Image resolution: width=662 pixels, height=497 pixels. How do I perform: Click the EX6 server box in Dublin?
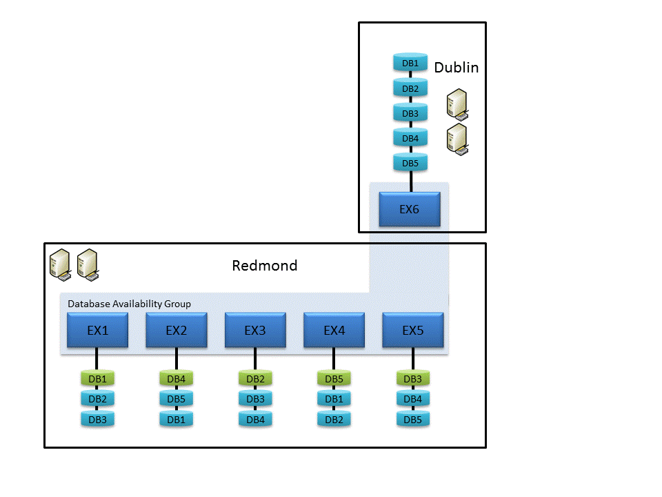(410, 209)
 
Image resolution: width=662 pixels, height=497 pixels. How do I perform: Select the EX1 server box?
(97, 330)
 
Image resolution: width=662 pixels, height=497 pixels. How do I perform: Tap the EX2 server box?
(177, 330)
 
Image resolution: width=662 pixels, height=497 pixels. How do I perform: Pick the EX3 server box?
(255, 330)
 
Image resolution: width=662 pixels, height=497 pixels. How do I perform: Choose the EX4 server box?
(334, 330)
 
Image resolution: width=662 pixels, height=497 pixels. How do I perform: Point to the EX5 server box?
(413, 330)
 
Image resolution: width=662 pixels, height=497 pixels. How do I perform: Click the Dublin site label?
(456, 68)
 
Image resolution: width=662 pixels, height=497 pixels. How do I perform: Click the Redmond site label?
(265, 266)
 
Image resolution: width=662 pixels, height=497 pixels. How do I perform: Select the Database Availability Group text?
(129, 304)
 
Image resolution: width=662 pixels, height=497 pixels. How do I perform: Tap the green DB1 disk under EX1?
(97, 378)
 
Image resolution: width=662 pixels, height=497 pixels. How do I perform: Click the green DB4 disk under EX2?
(177, 378)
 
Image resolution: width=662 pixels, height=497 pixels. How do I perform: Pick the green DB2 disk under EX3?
(255, 378)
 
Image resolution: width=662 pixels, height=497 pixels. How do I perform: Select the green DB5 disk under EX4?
(334, 378)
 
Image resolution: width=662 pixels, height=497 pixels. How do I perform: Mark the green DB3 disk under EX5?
(413, 378)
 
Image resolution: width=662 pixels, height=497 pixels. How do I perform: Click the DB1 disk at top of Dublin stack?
(410, 63)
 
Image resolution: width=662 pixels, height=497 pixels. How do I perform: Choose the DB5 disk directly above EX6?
(410, 163)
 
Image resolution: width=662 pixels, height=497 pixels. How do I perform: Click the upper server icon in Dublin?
(457, 104)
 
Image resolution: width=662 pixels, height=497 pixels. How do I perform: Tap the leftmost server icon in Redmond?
(60, 264)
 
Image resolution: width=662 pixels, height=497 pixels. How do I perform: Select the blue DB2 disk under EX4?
(334, 419)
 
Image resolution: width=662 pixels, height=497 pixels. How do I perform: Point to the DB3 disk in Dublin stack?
(410, 113)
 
